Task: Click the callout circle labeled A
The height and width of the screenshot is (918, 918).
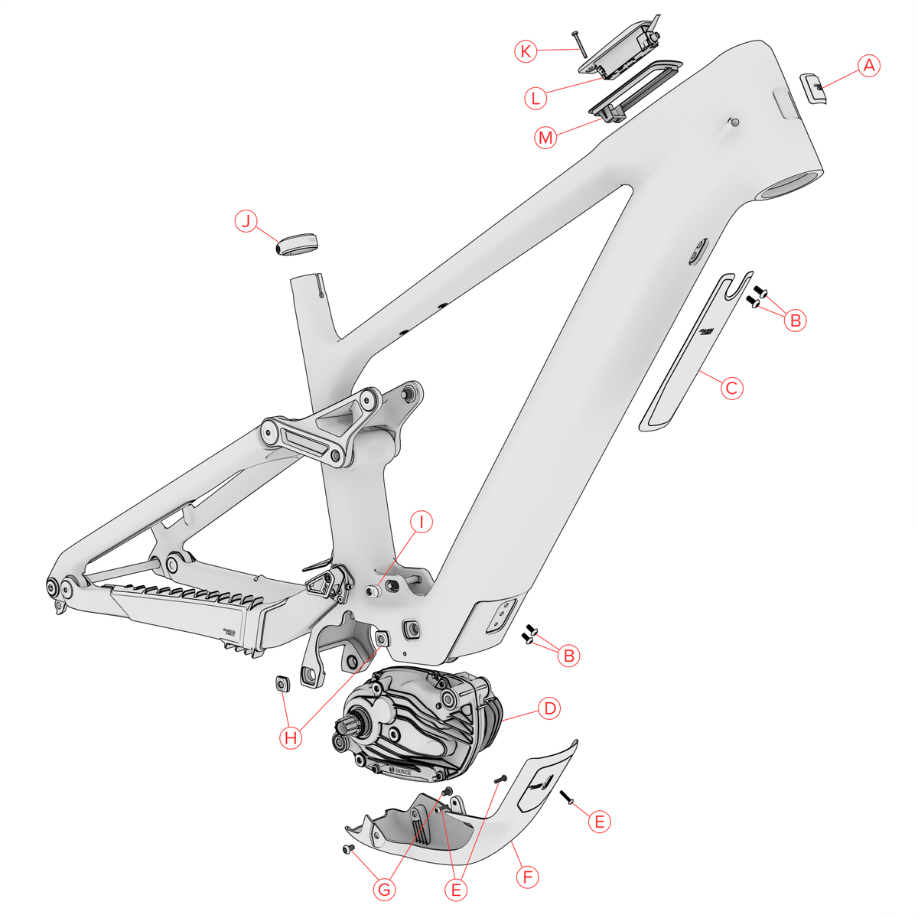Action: tap(868, 67)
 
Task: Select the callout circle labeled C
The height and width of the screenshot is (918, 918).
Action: tap(732, 388)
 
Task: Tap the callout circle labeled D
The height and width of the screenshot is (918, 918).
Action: tap(549, 708)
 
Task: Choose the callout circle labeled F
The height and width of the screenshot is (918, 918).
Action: tap(527, 877)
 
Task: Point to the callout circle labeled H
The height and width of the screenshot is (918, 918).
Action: tap(291, 738)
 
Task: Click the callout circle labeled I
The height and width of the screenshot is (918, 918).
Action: tap(421, 522)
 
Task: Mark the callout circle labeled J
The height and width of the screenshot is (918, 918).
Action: tap(246, 222)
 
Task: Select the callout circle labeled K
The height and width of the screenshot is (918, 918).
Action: tap(525, 51)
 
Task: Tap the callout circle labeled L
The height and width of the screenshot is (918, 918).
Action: tap(536, 98)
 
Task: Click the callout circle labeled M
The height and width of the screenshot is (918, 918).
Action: tap(545, 138)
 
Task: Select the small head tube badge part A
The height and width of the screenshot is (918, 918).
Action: tap(815, 88)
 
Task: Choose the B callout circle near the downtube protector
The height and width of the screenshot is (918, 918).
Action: tap(796, 321)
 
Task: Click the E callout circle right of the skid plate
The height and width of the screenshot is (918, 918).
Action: tap(599, 822)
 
